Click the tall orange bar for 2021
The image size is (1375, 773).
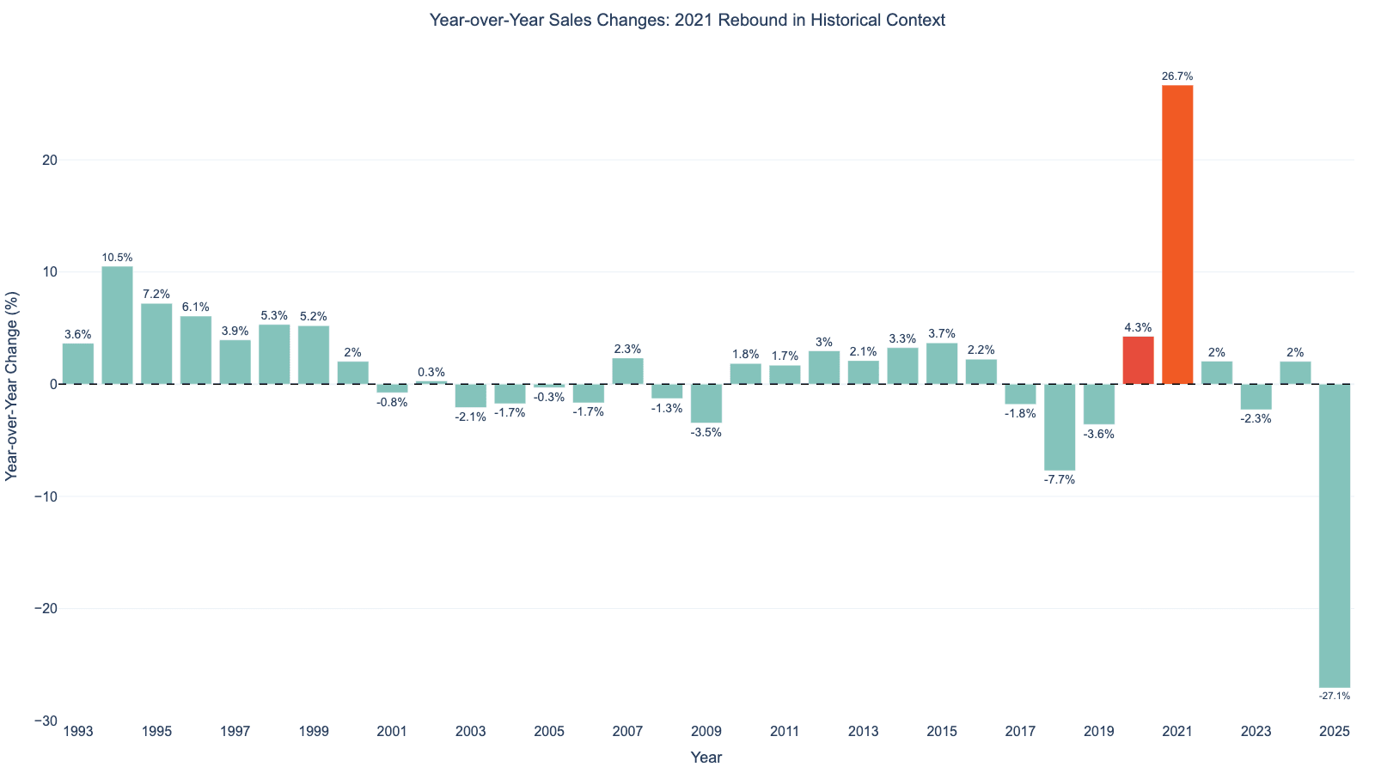(1177, 234)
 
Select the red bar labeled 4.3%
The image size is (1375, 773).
(1138, 360)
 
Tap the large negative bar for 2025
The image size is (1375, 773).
(1334, 535)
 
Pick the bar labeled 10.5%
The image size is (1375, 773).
(118, 325)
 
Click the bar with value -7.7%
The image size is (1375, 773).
(1060, 427)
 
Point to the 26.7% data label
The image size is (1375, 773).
(1177, 76)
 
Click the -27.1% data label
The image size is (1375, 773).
(1334, 696)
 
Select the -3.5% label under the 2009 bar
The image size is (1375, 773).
(706, 432)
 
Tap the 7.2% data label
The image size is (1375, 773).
(156, 295)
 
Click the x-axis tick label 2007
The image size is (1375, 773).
(627, 732)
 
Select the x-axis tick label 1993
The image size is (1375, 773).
(78, 732)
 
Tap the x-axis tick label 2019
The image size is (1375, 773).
(1098, 732)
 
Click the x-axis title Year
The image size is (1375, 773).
(706, 758)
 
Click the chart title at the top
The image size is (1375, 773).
(687, 20)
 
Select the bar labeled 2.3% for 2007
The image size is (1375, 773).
(627, 371)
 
